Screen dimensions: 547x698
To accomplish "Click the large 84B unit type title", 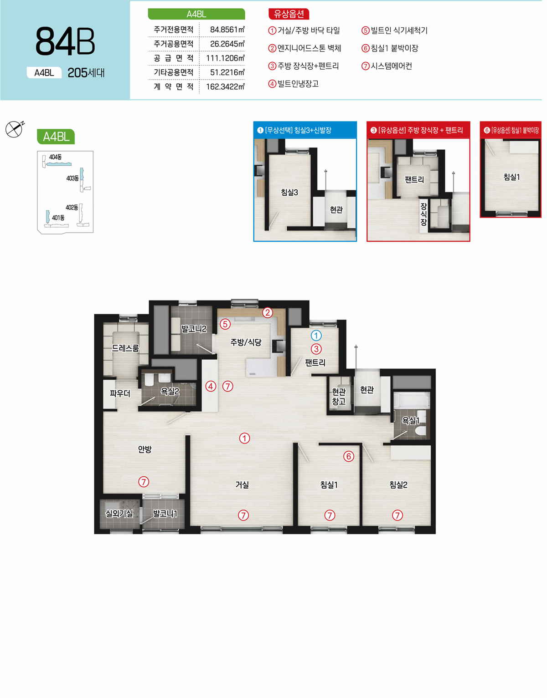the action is pos(65,41).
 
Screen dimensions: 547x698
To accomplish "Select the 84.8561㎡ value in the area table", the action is pos(227,30).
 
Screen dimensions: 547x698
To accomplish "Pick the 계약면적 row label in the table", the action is pos(174,87).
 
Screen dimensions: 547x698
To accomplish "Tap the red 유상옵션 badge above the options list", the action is pos(289,14).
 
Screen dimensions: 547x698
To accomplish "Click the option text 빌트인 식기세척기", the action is pos(399,31).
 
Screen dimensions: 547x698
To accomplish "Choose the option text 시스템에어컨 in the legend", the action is pos(392,66).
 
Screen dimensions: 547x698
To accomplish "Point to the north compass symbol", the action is pos(15,129).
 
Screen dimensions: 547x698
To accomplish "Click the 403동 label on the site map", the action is pos(72,178).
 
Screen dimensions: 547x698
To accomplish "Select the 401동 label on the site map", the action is pos(58,218).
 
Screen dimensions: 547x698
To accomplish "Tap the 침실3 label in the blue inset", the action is pos(289,192).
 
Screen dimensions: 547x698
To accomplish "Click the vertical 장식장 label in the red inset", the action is pos(423,214).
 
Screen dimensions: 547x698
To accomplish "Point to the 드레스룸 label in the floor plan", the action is pos(125,348).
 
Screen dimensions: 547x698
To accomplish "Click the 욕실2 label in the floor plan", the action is pos(170,391).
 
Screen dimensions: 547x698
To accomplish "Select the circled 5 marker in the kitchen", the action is pos(225,324).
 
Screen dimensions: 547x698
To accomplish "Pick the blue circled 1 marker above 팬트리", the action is pos(316,336).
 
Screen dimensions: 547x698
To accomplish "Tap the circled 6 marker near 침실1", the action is pos(349,456).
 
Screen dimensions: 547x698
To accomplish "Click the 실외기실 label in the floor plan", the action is pos(119,514).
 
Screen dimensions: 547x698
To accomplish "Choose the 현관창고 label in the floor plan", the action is pos(339,397).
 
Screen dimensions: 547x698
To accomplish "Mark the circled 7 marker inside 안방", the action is pos(144,482).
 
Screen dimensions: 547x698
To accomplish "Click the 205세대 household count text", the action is pos(86,73).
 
